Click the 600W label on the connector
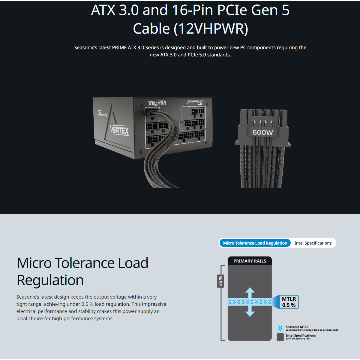click(x=263, y=132)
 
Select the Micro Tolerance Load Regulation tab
click(x=255, y=243)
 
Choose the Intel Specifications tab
click(x=313, y=243)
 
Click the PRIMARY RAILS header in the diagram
click(x=250, y=261)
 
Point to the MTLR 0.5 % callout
click(x=289, y=302)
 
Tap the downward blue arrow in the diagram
click(x=250, y=312)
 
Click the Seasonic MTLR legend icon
click(x=280, y=328)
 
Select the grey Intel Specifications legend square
click(x=280, y=337)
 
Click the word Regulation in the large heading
click(x=50, y=280)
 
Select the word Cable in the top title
click(x=152, y=29)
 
